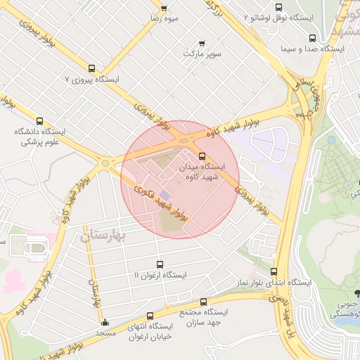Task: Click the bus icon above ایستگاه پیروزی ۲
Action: (x=92, y=69)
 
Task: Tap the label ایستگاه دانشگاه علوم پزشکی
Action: (x=39, y=136)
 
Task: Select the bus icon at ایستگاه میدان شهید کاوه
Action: (x=202, y=156)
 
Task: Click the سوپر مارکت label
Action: (x=202, y=53)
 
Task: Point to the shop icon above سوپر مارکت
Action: (x=203, y=43)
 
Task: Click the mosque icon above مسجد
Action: (x=105, y=323)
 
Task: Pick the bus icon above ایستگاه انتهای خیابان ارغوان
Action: (x=149, y=316)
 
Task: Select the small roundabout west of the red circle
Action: (x=105, y=164)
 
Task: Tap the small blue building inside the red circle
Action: (x=165, y=194)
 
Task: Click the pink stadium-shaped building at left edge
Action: (x=35, y=247)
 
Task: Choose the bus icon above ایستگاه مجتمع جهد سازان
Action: (x=204, y=302)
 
